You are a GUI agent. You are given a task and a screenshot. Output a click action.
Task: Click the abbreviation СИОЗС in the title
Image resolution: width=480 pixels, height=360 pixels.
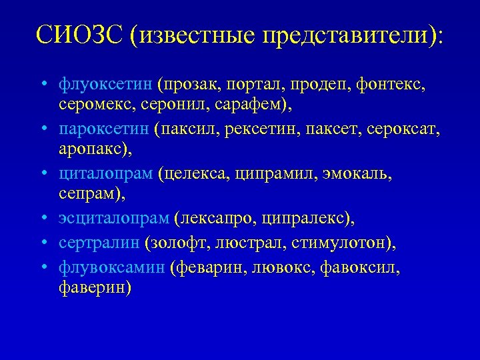click(79, 34)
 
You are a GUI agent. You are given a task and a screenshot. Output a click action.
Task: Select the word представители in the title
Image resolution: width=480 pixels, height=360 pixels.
click(346, 35)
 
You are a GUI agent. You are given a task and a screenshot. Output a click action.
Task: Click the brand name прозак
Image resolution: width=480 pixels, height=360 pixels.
click(193, 85)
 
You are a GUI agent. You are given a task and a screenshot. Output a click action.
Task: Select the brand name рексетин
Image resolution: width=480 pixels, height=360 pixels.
click(252, 127)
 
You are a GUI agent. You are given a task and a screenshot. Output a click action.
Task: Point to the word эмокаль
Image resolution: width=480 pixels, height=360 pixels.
click(360, 173)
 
